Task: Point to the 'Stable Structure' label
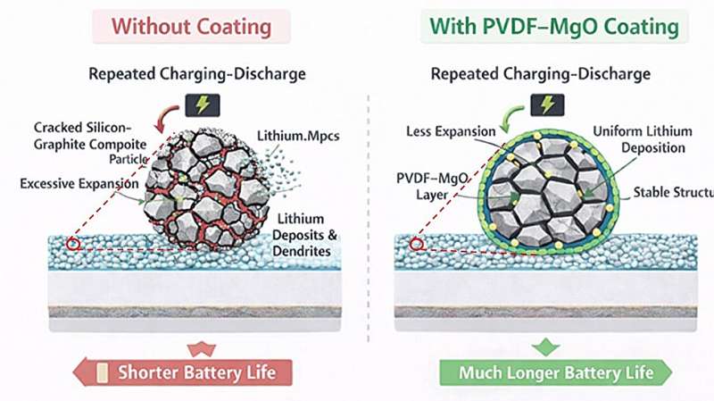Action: tap(670, 192)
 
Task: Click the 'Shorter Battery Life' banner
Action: tap(191, 372)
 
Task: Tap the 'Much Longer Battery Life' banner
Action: tap(554, 372)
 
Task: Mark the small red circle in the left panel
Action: tap(73, 245)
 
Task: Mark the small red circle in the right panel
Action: tap(415, 244)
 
